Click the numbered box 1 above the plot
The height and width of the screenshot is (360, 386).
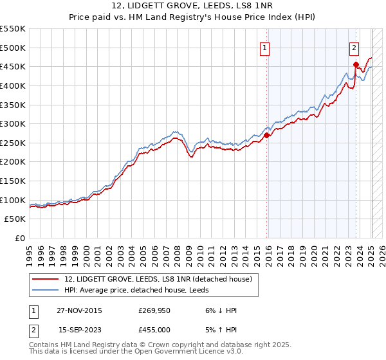point(265,47)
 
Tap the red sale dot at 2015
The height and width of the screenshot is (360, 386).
point(267,135)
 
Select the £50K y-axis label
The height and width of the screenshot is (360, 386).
point(15,219)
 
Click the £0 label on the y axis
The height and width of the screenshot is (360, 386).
point(19,239)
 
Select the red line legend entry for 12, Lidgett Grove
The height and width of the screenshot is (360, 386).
point(161,279)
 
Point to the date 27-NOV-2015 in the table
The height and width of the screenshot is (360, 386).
point(80,310)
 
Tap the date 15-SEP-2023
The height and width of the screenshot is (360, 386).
point(80,330)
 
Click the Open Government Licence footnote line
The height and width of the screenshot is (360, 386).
point(136,352)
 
